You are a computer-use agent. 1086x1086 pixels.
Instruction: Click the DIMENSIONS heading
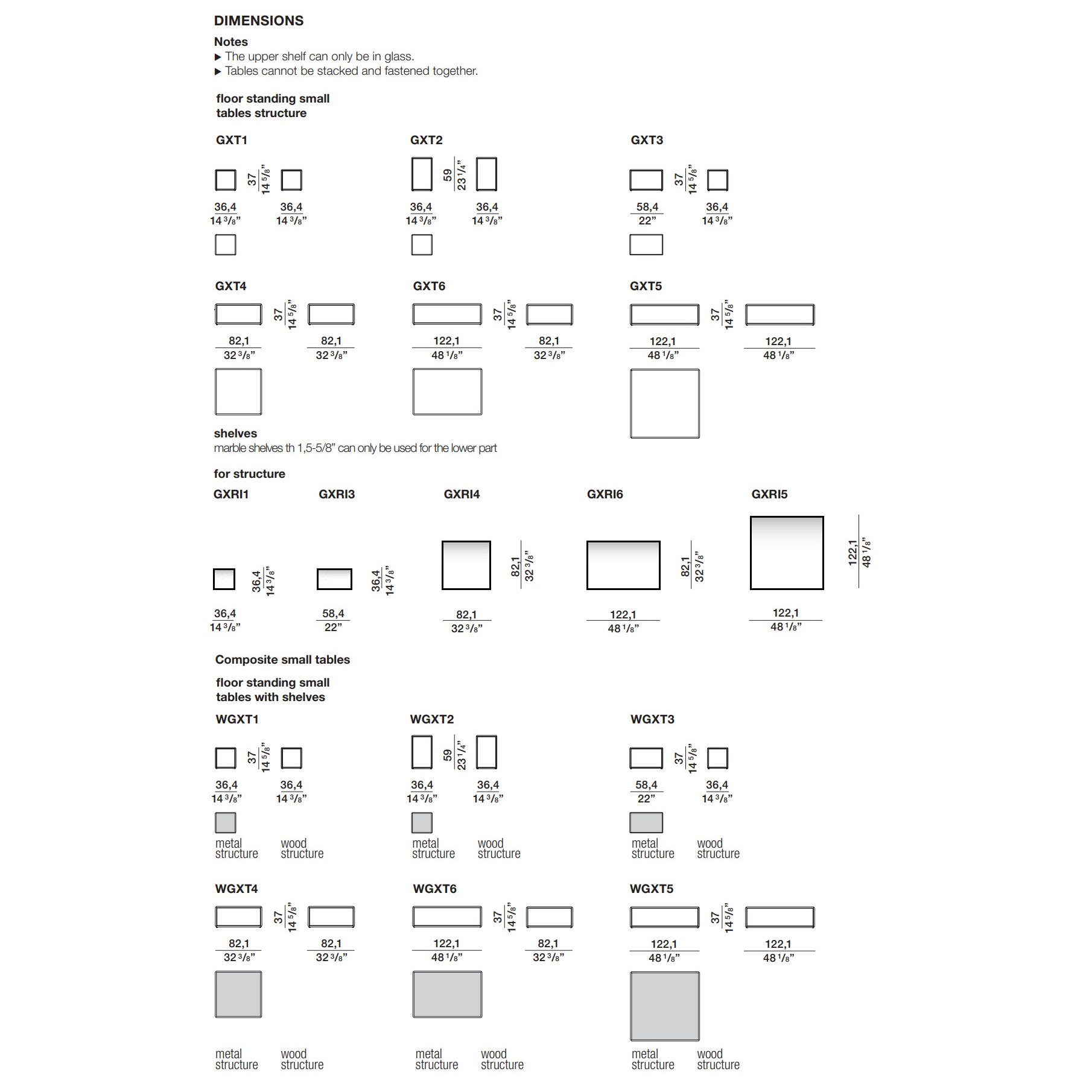tap(259, 21)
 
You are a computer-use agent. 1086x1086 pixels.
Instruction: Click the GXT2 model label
tap(427, 140)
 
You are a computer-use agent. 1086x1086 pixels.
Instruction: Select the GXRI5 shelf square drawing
tap(787, 553)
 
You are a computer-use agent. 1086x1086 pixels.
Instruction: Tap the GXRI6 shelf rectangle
tap(623, 565)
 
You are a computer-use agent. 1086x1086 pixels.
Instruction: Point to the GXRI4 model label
tap(462, 494)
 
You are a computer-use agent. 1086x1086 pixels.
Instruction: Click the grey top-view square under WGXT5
tap(665, 1006)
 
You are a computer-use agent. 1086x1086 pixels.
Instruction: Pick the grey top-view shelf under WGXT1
tap(226, 822)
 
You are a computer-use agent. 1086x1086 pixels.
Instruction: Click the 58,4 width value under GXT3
tap(647, 207)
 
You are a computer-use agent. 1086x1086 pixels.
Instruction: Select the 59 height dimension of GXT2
tap(447, 175)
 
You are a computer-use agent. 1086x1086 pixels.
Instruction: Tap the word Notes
tap(231, 42)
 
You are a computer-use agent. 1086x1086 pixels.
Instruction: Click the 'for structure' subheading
tap(249, 474)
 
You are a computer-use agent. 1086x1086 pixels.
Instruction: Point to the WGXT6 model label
tap(434, 889)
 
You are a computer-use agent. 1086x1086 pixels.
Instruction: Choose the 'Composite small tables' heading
tap(282, 659)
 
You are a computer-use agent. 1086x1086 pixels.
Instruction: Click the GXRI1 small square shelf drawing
tap(224, 579)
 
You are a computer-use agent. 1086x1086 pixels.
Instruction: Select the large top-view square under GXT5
tap(665, 404)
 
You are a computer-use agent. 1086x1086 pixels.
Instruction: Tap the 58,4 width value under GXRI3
tap(333, 614)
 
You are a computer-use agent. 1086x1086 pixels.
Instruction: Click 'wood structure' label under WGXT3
tap(718, 848)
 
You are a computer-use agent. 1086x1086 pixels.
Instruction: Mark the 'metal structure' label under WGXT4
tap(237, 1059)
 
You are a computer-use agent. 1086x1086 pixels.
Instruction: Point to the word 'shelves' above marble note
tap(235, 433)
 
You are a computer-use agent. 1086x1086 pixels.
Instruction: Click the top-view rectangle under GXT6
tap(447, 392)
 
